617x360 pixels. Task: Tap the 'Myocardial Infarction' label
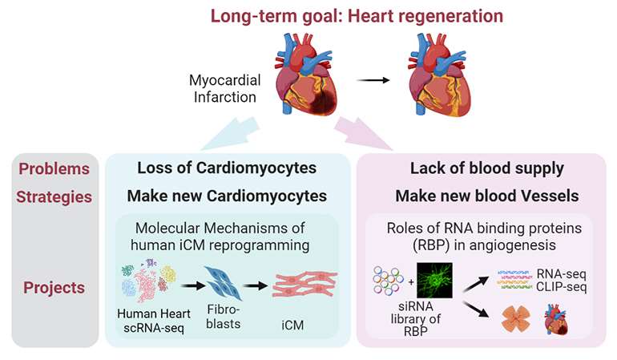pos(227,88)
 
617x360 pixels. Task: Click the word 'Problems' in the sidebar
pos(54,168)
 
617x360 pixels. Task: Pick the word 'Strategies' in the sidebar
pos(54,196)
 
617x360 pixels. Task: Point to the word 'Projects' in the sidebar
pos(54,287)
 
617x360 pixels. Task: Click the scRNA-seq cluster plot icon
pos(147,281)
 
